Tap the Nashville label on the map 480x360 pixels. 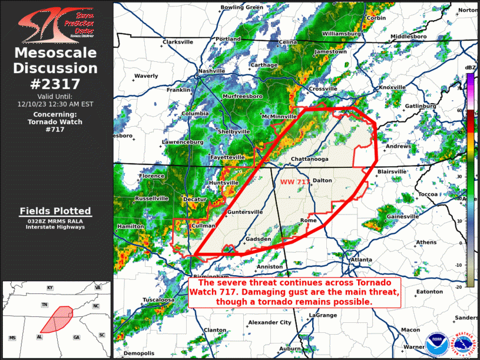pos(212,71)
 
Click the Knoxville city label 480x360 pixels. pos(392,87)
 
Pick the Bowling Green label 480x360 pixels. pos(241,7)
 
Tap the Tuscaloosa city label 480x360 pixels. pos(158,299)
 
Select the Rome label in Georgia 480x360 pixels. pos(309,220)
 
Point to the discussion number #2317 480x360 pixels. pos(55,84)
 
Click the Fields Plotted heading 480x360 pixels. pos(55,211)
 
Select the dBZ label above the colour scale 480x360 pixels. pos(470,68)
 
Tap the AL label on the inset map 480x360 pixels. pos(39,337)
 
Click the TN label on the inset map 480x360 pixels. pos(44,305)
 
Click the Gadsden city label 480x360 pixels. pos(258,239)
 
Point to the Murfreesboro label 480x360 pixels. pos(243,95)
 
